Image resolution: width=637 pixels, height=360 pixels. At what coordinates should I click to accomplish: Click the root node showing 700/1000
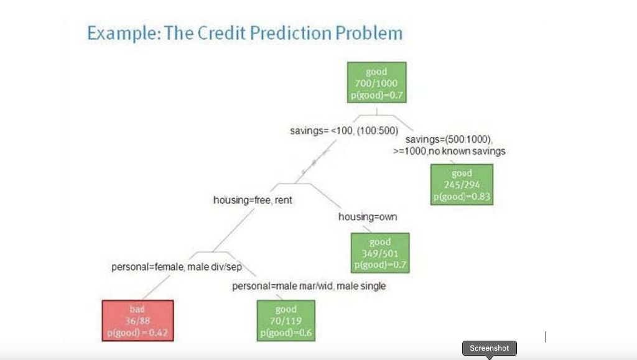click(x=376, y=82)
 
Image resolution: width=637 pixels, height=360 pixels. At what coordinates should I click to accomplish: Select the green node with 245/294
click(x=462, y=184)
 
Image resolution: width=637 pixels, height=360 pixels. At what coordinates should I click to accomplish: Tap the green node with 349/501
click(x=380, y=253)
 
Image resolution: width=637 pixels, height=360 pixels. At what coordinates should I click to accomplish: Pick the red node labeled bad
click(x=137, y=320)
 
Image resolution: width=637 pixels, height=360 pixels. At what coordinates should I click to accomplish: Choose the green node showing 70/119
click(x=286, y=320)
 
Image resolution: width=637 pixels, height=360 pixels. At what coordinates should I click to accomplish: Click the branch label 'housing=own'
click(x=367, y=217)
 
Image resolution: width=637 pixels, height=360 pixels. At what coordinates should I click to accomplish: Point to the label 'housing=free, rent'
click(x=253, y=200)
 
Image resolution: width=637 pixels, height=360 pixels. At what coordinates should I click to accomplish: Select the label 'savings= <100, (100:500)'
click(x=344, y=131)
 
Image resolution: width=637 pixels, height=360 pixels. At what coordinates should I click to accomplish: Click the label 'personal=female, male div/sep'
click(x=176, y=267)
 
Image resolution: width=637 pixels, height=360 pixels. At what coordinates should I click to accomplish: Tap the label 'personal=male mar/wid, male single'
click(x=309, y=286)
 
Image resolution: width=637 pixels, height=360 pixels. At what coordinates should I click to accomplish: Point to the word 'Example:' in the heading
click(x=123, y=33)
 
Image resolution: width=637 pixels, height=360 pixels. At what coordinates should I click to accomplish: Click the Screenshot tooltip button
click(x=489, y=348)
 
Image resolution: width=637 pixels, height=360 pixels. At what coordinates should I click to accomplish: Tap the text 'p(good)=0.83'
click(x=462, y=197)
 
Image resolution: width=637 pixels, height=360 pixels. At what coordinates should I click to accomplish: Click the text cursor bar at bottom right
click(x=546, y=337)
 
